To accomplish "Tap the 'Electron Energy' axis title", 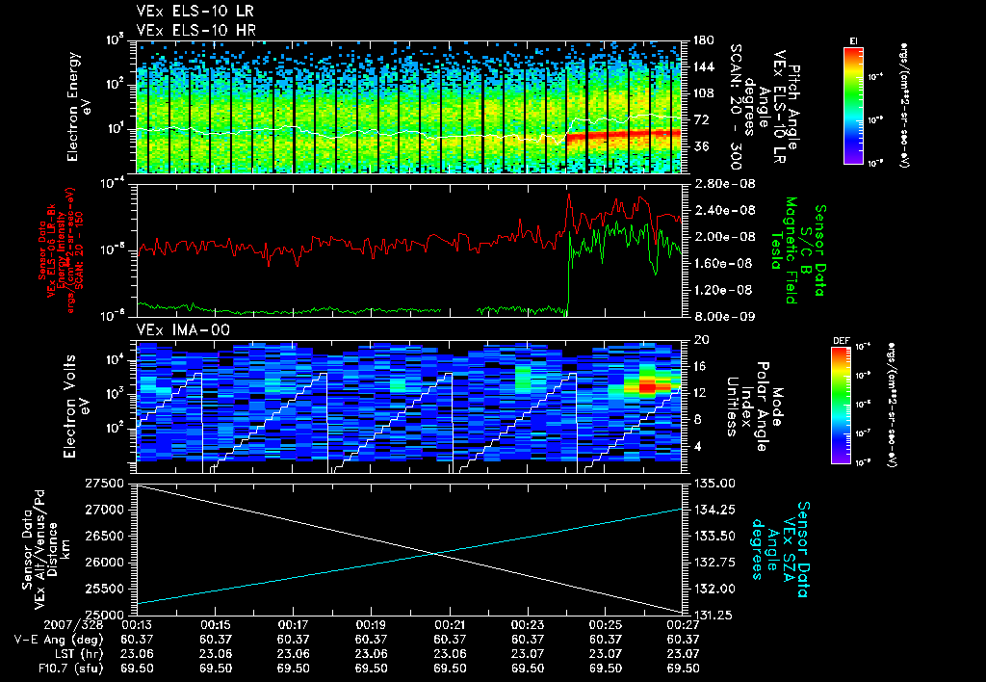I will tap(74, 108).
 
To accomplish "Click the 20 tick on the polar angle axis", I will tap(699, 340).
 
